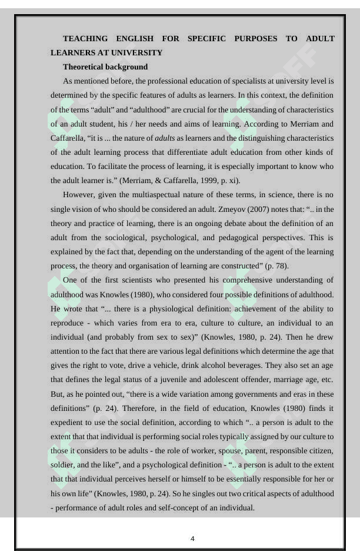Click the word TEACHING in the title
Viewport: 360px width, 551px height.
85,39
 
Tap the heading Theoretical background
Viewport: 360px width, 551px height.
105,67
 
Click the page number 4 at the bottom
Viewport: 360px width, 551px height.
192,539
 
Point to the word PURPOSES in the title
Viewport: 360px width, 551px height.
255,39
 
